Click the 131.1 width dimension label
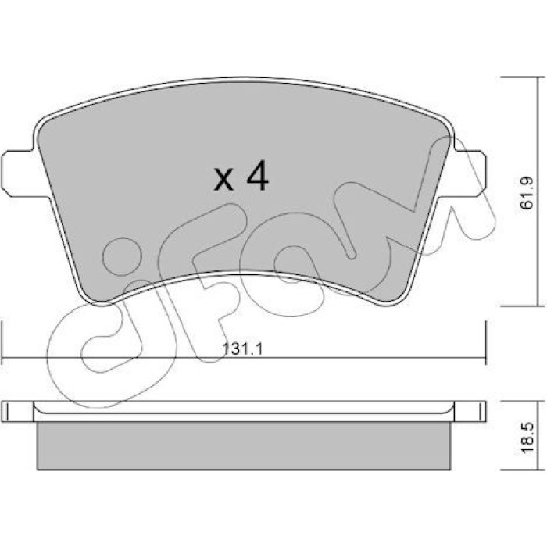[x=242, y=349]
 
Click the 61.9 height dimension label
[x=527, y=192]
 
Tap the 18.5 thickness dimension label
[x=527, y=438]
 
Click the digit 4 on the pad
[x=257, y=176]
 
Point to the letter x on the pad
[x=223, y=180]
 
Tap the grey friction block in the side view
[x=244, y=446]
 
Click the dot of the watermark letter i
[x=122, y=256]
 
